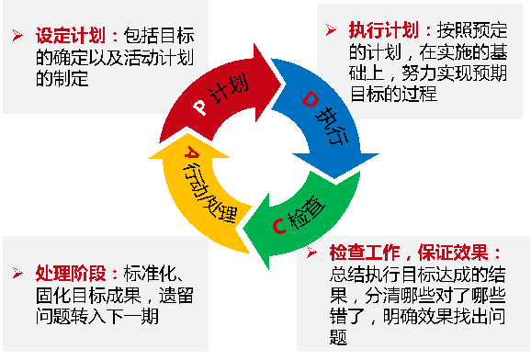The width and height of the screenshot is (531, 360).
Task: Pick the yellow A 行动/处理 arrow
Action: pos(198,184)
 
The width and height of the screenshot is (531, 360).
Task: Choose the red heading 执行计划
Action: pos(370,30)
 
